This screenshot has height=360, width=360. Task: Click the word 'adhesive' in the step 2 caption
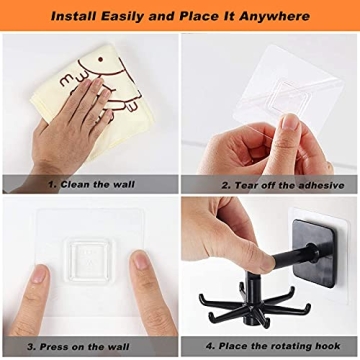[316, 185]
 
